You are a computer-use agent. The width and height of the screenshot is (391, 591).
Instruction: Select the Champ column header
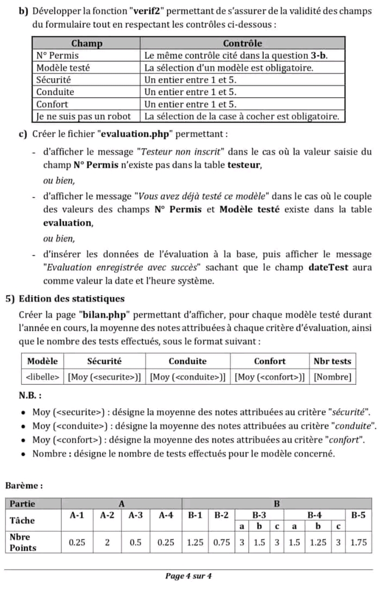pyautogui.click(x=87, y=43)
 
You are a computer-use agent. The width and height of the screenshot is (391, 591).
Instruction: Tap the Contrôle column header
pyautogui.click(x=243, y=43)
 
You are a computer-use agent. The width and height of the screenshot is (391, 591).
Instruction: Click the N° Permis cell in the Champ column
pyautogui.click(x=57, y=55)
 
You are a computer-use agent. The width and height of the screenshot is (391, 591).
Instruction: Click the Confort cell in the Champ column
pyautogui.click(x=52, y=104)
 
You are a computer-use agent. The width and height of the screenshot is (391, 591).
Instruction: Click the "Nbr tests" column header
pyautogui.click(x=332, y=361)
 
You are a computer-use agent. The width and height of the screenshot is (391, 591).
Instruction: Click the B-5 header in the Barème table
pyautogui.click(x=358, y=515)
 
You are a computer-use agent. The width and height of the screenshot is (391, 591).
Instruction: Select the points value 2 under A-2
pyautogui.click(x=108, y=542)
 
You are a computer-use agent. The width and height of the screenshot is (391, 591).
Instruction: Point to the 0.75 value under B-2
pyautogui.click(x=221, y=542)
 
